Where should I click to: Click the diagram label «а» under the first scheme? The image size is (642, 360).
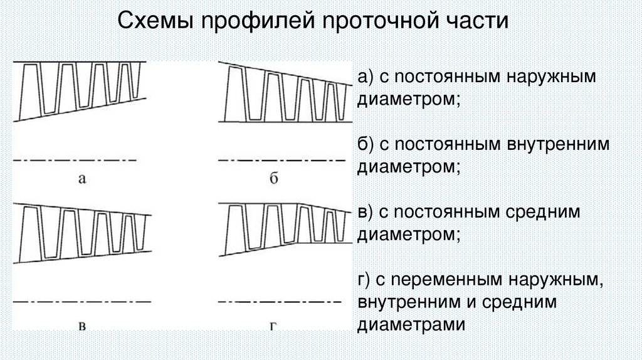pos(82,179)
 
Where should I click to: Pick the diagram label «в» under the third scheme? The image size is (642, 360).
pos(82,325)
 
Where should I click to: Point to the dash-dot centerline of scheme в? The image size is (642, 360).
pos(82,302)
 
